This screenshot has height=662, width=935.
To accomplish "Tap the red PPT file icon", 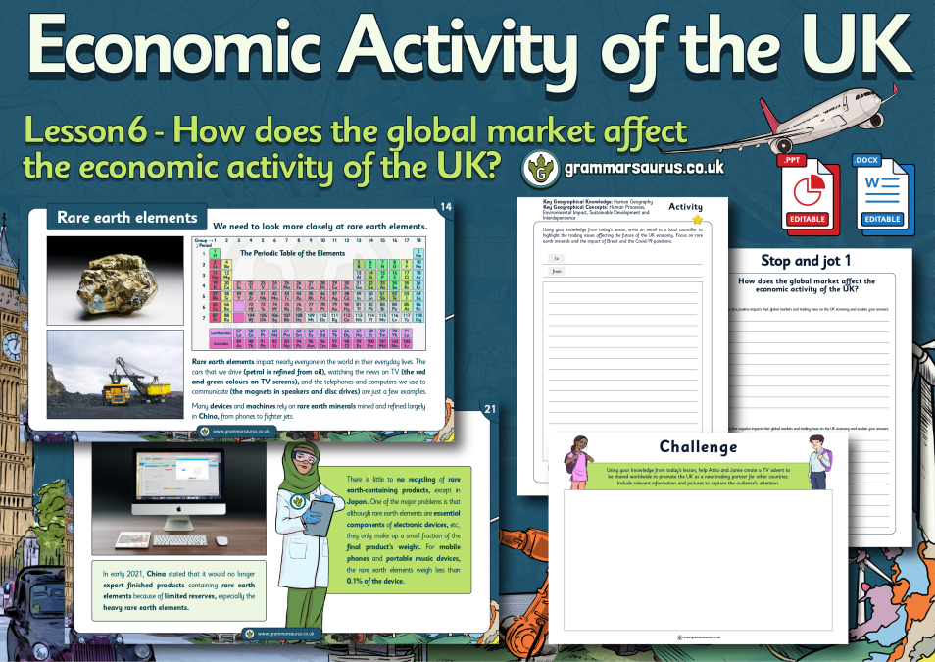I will (802, 193).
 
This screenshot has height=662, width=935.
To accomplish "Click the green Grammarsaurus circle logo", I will (541, 169).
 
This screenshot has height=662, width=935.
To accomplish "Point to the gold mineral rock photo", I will (115, 279).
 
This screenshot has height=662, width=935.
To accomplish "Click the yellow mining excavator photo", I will (115, 375).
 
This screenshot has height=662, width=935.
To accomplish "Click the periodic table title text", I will (294, 252).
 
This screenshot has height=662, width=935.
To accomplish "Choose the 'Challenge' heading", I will (698, 447).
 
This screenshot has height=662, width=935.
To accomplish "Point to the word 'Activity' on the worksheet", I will (685, 207).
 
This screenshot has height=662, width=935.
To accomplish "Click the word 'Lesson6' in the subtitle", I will (80, 131).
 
